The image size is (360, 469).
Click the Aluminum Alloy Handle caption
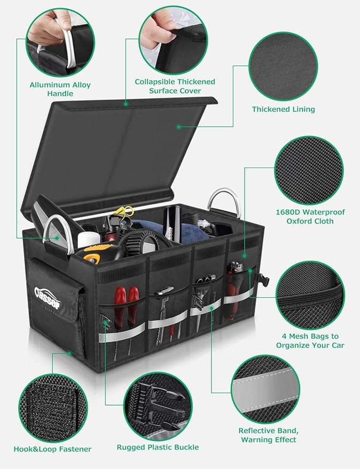coord(60,89)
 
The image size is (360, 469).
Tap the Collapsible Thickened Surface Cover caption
coord(175,86)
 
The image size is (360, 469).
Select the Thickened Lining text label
coord(284,109)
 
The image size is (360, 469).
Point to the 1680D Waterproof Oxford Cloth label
coord(310,217)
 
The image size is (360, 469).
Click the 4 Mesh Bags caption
coord(310,340)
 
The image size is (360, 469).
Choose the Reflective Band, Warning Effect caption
coord(268,435)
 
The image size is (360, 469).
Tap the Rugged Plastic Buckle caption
coord(158,447)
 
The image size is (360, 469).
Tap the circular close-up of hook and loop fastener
coord(53,407)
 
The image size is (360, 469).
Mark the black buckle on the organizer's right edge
coord(263,280)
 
